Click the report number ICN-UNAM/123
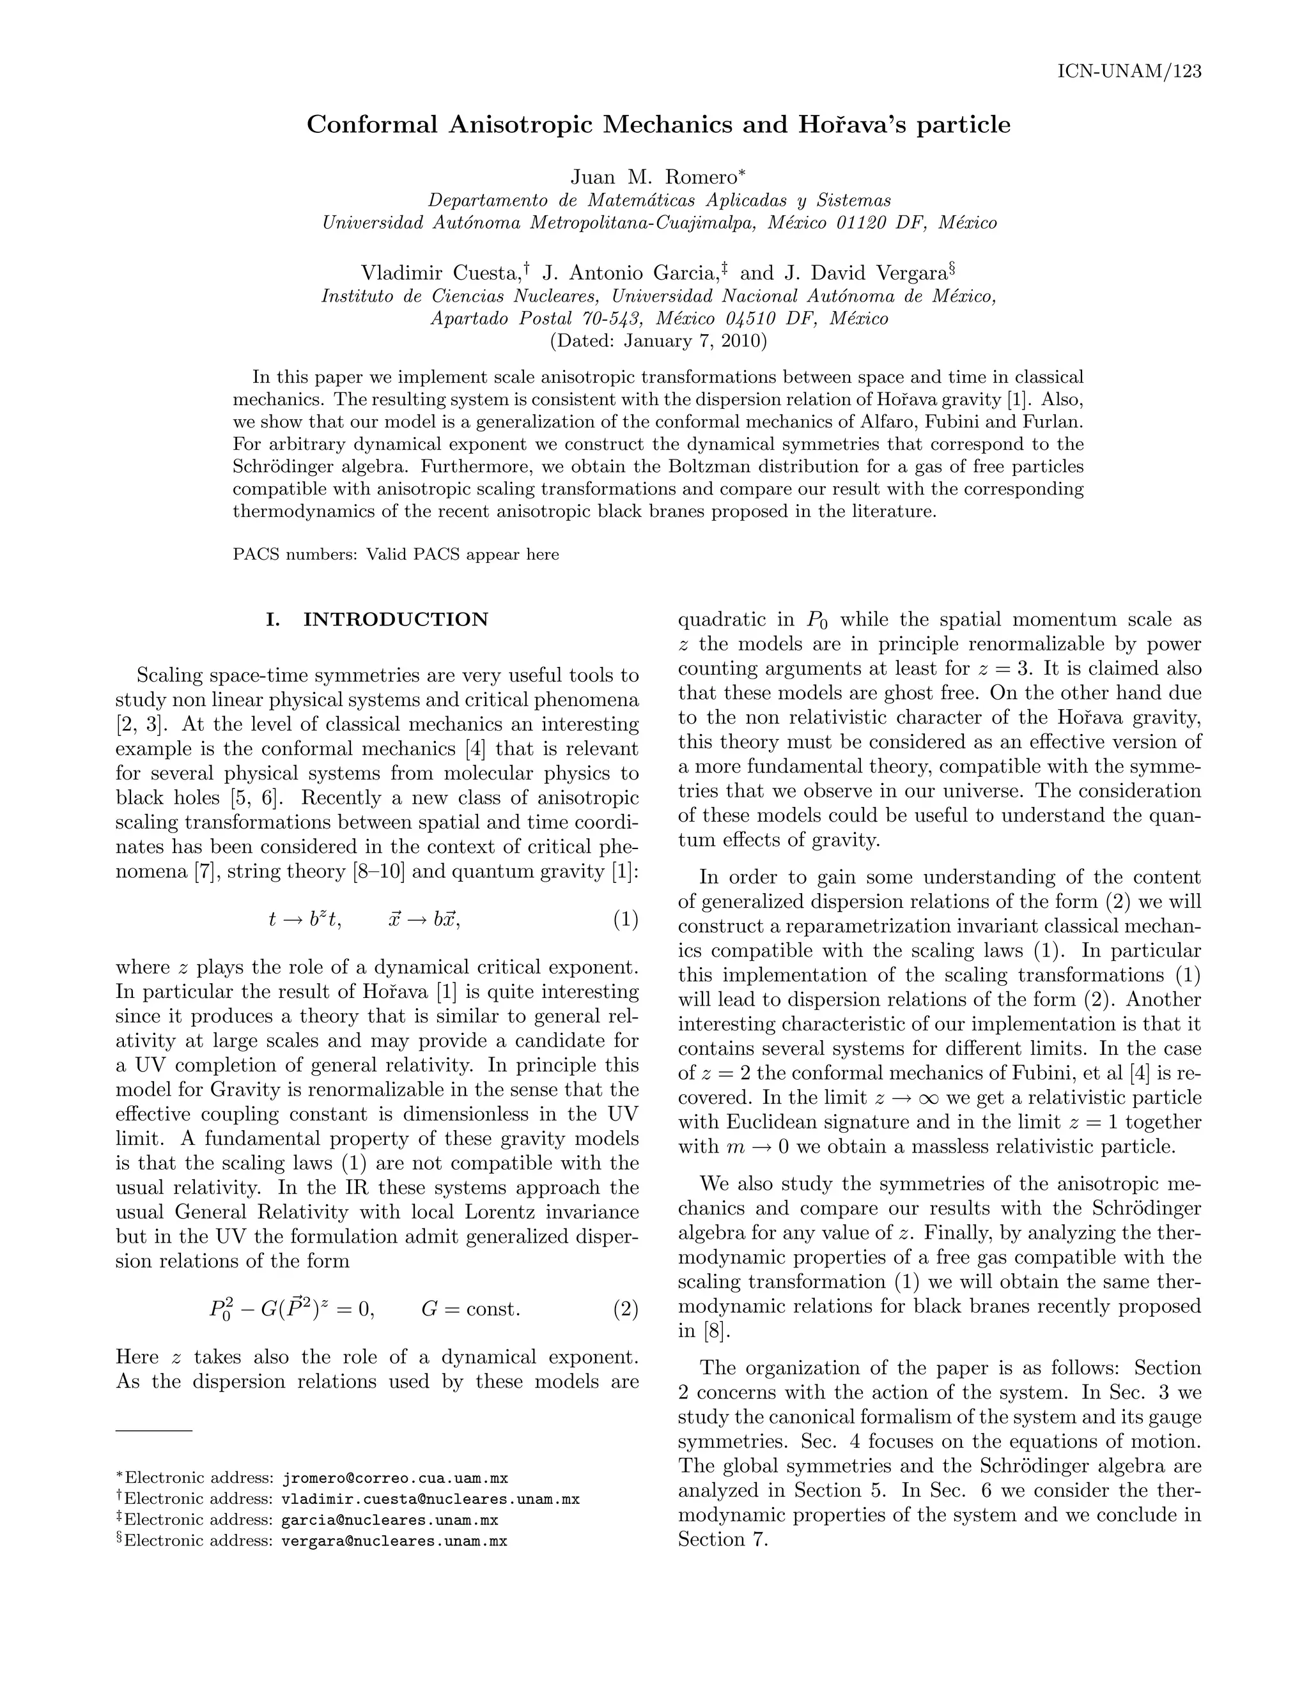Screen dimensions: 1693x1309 pos(1129,72)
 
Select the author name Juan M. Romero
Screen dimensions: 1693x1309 pos(654,177)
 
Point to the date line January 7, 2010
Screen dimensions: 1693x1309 pos(658,341)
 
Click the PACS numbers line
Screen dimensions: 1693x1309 pos(396,555)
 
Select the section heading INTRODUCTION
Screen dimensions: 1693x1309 pos(396,619)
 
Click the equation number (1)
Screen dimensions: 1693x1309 pos(625,919)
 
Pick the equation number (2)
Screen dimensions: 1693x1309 pos(625,1309)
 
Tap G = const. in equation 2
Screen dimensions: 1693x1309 pos(470,1309)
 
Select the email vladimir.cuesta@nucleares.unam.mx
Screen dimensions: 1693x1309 pos(430,1499)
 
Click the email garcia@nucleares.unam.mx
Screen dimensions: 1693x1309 pos(389,1520)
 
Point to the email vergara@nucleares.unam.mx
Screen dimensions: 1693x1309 pos(394,1541)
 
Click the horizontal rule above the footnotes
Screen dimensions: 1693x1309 pos(153,1429)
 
